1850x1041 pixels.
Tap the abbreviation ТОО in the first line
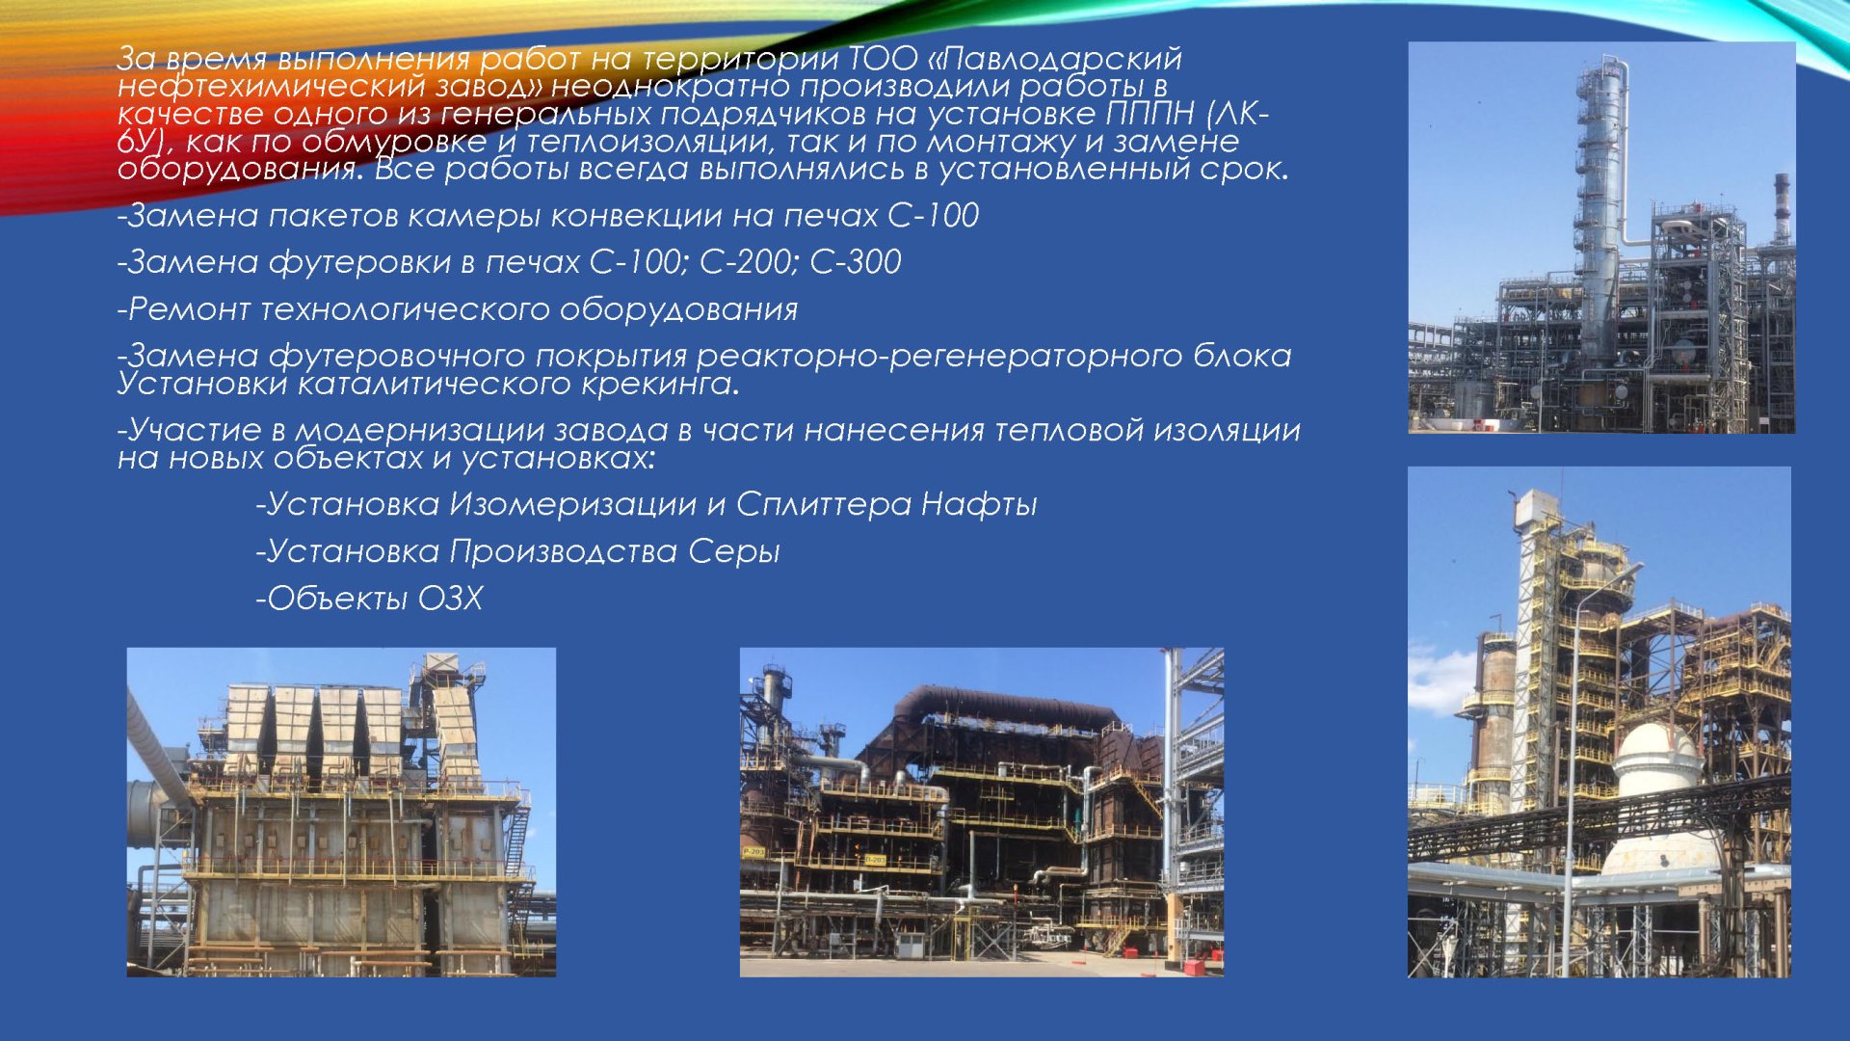click(884, 59)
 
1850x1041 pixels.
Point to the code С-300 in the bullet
click(856, 261)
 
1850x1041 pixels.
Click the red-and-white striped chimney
click(1782, 207)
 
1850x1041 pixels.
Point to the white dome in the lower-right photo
click(1658, 761)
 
